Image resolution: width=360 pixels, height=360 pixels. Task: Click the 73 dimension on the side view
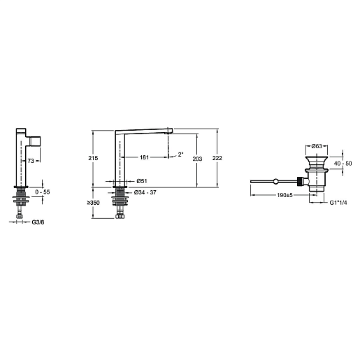click(x=31, y=161)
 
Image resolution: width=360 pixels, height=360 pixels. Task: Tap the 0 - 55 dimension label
click(x=43, y=192)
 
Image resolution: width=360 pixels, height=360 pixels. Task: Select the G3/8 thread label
click(x=38, y=222)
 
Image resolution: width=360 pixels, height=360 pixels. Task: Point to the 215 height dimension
click(x=93, y=158)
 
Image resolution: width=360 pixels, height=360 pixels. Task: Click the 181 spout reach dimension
click(x=144, y=157)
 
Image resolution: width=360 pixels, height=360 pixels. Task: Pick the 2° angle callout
click(x=180, y=154)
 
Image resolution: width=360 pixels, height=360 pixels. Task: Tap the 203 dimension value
click(x=197, y=159)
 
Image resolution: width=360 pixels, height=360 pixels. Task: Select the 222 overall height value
click(x=217, y=158)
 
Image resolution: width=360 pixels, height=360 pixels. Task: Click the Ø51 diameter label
click(x=142, y=181)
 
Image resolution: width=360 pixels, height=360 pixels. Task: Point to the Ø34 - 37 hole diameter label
click(x=145, y=192)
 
